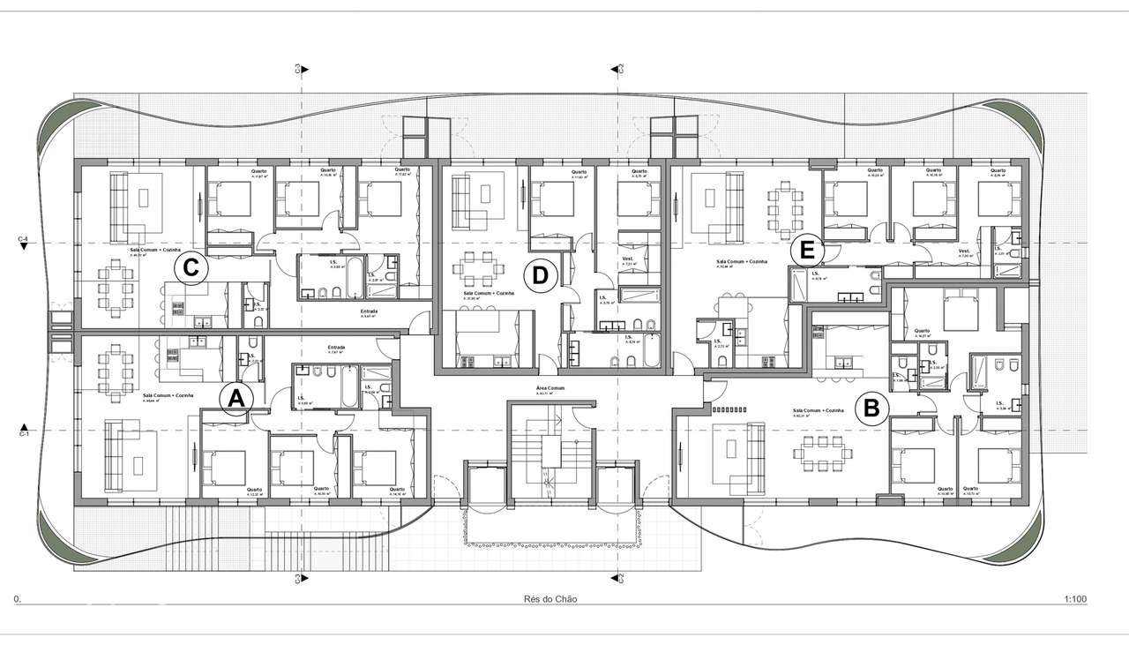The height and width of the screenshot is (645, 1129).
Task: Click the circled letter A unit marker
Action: click(236, 399)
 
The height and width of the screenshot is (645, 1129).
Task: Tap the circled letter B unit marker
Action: click(871, 409)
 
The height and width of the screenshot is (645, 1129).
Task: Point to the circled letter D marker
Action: click(540, 276)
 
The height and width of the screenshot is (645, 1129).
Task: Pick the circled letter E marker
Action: click(806, 251)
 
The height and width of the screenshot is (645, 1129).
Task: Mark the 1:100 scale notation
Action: click(1074, 599)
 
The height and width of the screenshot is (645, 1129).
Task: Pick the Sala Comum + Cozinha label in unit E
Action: click(742, 262)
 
